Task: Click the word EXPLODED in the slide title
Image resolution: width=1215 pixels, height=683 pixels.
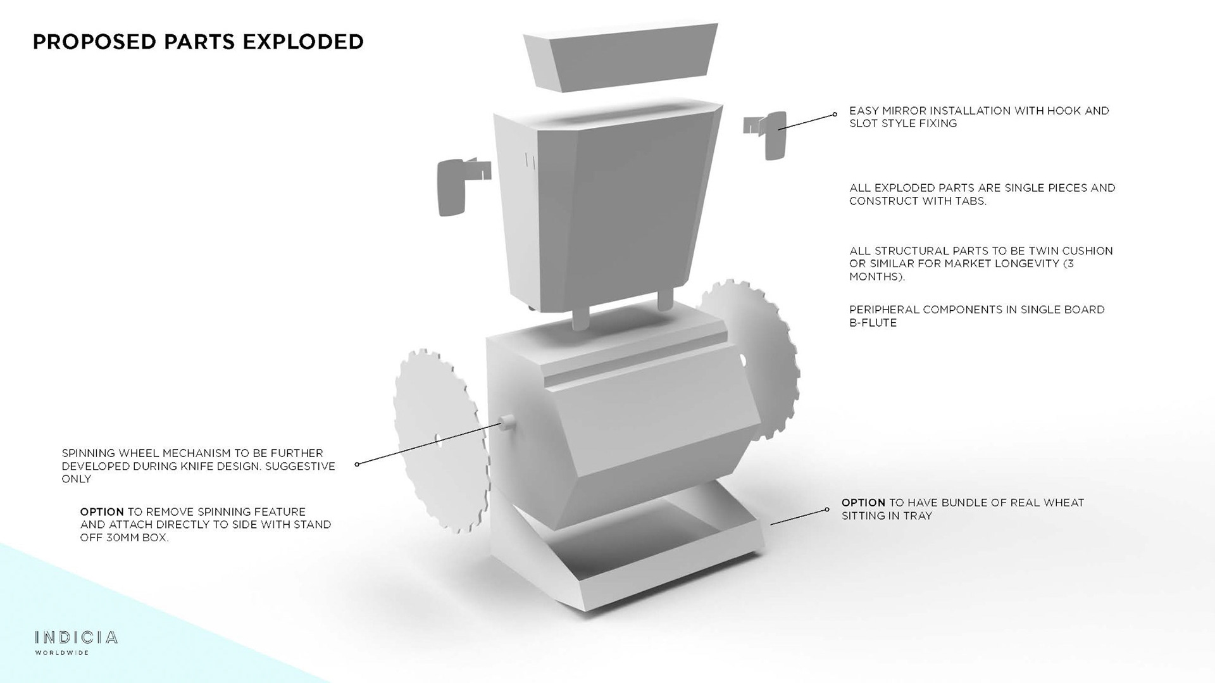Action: click(x=302, y=42)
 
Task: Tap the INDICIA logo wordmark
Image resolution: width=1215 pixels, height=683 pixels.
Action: click(x=76, y=637)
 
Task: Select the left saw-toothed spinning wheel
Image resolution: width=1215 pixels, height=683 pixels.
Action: click(x=437, y=443)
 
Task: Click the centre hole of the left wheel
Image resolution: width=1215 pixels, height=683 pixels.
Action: click(x=438, y=438)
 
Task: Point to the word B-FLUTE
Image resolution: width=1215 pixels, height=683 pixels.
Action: click(x=873, y=323)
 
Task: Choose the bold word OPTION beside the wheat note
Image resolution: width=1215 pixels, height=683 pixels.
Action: click(x=863, y=503)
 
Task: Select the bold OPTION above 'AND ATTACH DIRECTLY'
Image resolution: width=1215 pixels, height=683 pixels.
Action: click(x=102, y=511)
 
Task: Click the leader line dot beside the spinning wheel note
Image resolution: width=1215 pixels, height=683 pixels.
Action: click(x=358, y=464)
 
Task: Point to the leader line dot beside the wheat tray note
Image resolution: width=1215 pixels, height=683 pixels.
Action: click(x=826, y=510)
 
